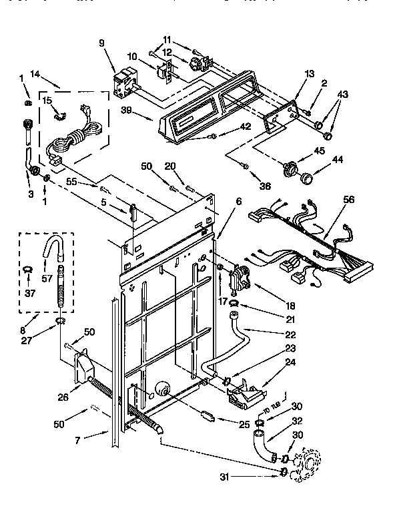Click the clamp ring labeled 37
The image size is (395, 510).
coord(29,268)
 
